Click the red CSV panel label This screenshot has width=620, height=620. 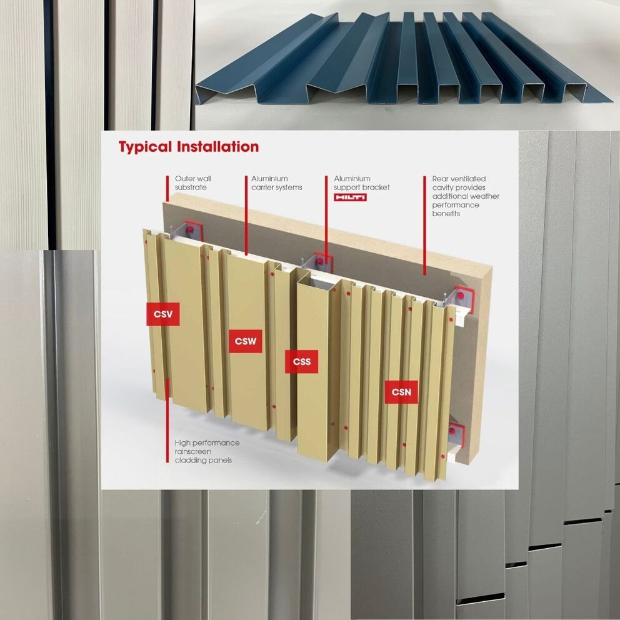[163, 314]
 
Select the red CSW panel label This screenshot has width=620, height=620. [246, 341]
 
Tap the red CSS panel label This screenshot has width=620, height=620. [302, 361]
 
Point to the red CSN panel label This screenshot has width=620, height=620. [401, 392]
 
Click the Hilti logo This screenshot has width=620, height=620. [351, 197]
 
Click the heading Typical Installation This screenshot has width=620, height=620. [189, 147]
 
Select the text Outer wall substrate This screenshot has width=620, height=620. [193, 183]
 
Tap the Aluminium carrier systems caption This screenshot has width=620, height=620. [277, 183]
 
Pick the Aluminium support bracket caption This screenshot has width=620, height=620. [362, 183]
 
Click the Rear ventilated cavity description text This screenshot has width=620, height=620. [466, 196]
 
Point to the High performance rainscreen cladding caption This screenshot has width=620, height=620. [207, 451]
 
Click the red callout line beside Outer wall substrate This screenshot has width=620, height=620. [167, 189]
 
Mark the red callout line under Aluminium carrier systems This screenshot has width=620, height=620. [246, 216]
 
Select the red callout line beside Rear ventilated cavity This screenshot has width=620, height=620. [424, 226]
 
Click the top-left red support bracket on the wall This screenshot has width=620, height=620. [193, 231]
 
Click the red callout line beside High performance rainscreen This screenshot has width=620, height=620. [167, 421]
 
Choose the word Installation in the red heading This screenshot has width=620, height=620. [217, 147]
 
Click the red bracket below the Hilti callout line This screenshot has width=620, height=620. [323, 262]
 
